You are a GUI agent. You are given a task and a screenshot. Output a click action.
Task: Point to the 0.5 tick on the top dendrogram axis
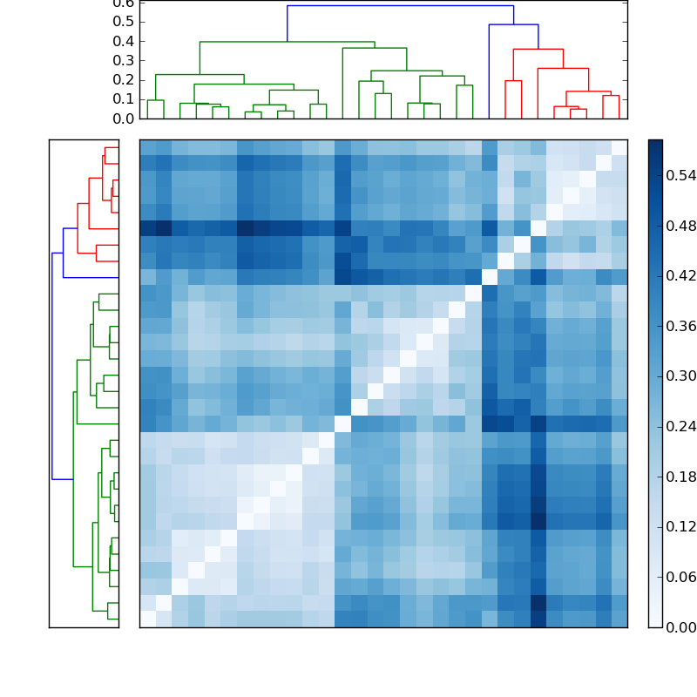click(x=123, y=22)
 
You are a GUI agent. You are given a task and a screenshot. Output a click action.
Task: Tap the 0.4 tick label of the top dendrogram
click(x=123, y=41)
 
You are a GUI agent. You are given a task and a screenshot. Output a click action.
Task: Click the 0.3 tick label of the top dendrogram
click(x=123, y=60)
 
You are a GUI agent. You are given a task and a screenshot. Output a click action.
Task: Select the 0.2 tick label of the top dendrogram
click(x=123, y=79)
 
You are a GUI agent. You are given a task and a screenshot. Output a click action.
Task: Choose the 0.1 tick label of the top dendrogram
click(x=123, y=98)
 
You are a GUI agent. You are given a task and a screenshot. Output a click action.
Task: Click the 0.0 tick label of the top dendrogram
click(x=123, y=118)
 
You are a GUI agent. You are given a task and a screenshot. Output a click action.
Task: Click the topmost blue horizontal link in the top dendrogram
click(x=400, y=6)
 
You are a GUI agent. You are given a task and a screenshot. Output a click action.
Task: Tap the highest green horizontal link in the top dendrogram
click(x=287, y=42)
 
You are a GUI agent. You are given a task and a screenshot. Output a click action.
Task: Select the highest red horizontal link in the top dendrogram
click(x=538, y=50)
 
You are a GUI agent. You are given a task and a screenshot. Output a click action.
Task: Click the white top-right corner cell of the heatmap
click(x=619, y=147)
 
